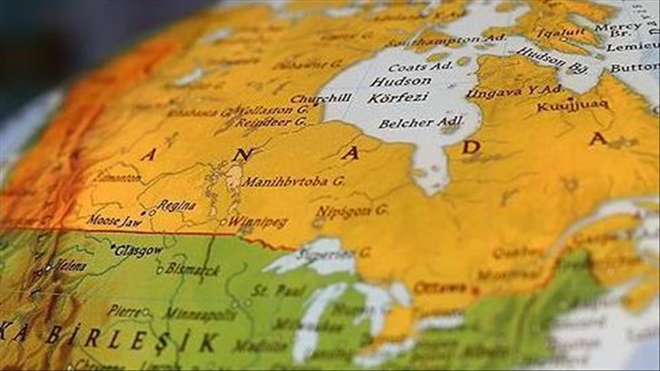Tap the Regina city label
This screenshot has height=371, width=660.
(176, 206)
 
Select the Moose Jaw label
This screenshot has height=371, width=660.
(112, 220)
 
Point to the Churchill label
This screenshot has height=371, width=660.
(320, 99)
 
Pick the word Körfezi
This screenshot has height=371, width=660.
(399, 98)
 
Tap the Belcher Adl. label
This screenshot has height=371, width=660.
(416, 122)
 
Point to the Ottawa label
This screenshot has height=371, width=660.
(439, 288)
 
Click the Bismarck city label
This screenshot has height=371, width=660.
(194, 270)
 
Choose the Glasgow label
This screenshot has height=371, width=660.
(140, 250)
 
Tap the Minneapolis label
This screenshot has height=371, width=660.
(191, 314)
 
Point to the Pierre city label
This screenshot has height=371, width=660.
(124, 311)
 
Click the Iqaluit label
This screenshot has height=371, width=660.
(560, 34)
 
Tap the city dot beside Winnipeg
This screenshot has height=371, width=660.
(223, 223)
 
